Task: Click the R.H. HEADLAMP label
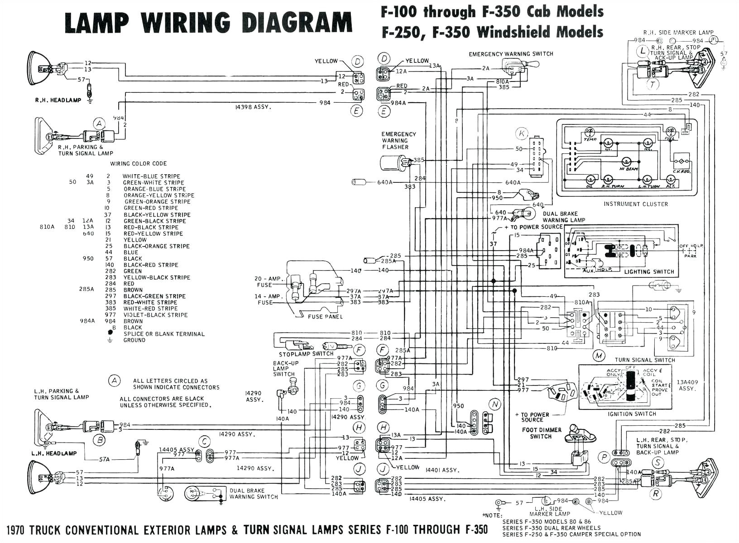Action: click(x=58, y=100)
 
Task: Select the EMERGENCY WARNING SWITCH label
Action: click(x=511, y=54)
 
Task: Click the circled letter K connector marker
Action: click(x=522, y=133)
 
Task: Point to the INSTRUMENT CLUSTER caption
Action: click(x=635, y=204)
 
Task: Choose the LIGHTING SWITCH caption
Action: click(x=649, y=272)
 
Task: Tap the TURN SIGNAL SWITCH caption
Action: click(x=645, y=360)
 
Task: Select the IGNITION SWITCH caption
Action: click(x=632, y=414)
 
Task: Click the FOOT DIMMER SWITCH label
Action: click(x=541, y=433)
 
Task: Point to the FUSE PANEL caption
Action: click(x=325, y=317)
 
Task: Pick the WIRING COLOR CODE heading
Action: click(x=138, y=164)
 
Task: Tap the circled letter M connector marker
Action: click(x=599, y=356)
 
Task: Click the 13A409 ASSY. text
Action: click(x=686, y=385)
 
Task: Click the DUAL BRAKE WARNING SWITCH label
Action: click(x=253, y=494)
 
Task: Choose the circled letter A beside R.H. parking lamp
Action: click(x=99, y=123)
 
